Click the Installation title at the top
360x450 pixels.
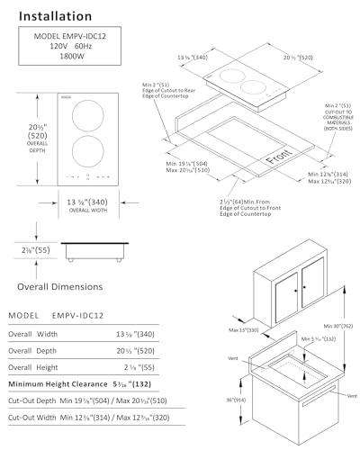(55, 16)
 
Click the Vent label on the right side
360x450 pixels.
(352, 395)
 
